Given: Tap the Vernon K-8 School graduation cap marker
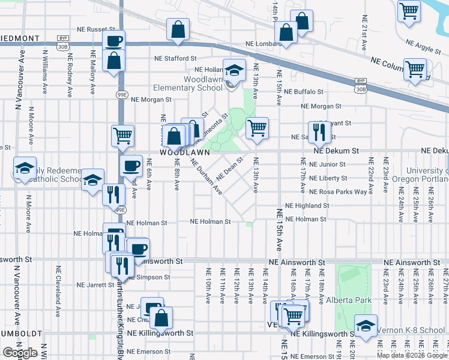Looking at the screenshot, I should point(366,325).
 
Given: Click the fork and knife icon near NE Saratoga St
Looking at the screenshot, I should point(319,131).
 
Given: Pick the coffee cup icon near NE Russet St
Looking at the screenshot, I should point(114,41).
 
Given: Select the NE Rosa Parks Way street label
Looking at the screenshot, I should point(338,192).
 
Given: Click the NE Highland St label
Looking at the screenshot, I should point(307,205).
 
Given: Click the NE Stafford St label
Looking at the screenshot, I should point(175,59).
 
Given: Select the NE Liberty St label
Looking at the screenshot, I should point(328,178).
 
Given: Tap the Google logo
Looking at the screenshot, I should point(20,353).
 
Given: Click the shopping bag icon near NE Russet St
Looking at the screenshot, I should point(178,29).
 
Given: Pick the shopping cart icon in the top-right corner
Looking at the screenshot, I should point(409,10).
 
